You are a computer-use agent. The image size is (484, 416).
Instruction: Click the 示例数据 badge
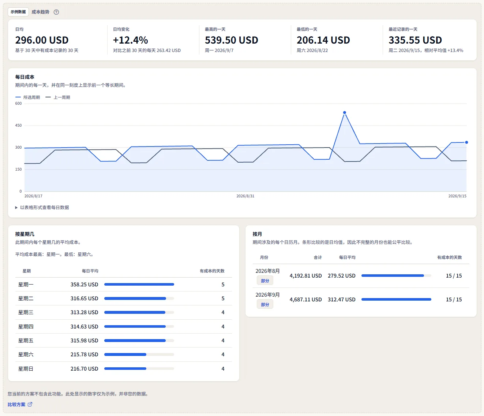click(18, 12)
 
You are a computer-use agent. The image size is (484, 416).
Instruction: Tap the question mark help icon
click(56, 12)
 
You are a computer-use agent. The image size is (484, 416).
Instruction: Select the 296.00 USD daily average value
click(42, 40)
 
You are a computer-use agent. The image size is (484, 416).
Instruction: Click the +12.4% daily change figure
click(131, 40)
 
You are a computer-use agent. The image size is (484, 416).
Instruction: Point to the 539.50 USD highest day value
click(231, 40)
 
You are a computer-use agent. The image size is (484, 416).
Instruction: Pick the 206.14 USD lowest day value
click(323, 40)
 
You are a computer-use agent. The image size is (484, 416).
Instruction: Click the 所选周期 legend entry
click(28, 97)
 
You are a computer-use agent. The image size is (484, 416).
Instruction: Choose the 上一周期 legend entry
click(58, 97)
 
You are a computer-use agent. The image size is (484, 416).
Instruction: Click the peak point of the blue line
click(345, 113)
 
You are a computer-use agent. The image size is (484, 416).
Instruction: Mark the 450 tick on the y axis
click(18, 125)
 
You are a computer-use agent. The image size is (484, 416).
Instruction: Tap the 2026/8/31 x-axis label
click(245, 196)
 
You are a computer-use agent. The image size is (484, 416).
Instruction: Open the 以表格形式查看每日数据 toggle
click(42, 207)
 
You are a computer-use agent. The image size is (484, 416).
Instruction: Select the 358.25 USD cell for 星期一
click(84, 285)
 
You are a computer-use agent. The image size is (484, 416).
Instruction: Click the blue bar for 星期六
click(125, 354)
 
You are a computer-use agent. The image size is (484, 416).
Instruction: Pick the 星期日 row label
click(26, 369)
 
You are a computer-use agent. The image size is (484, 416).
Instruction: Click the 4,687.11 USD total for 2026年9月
click(305, 300)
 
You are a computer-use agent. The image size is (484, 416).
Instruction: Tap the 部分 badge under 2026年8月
click(265, 281)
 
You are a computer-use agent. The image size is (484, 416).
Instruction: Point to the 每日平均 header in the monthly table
click(347, 257)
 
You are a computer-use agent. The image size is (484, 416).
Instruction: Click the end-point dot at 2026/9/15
click(466, 142)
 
